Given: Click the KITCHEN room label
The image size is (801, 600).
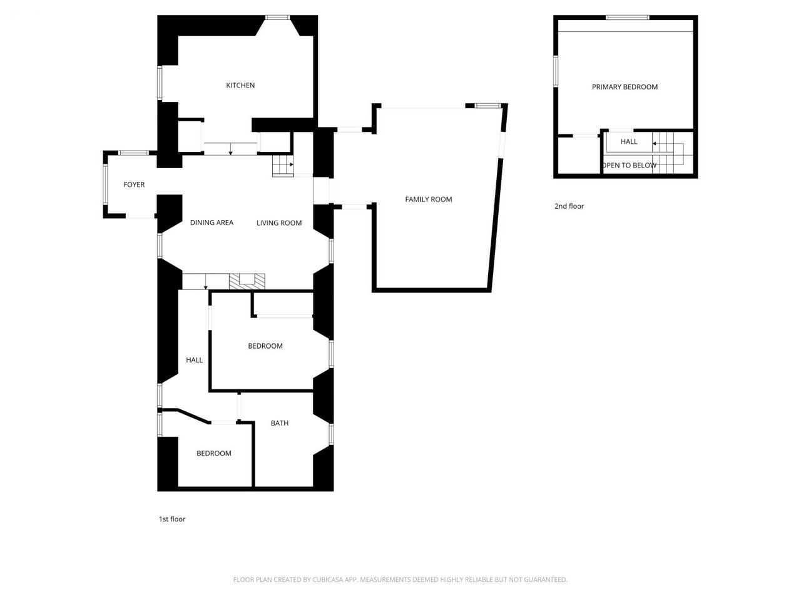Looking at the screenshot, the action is click(240, 85).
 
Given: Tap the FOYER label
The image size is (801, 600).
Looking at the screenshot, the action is click(134, 185).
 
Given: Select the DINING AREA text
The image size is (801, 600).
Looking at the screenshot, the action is click(212, 222).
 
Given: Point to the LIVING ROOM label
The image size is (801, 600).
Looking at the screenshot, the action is click(279, 223).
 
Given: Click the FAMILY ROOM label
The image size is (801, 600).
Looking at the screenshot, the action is click(429, 199).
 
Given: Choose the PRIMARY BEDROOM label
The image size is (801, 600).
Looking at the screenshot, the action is click(625, 87).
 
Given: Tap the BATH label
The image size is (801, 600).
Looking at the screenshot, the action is click(280, 423).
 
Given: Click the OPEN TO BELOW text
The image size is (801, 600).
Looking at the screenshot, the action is click(629, 166).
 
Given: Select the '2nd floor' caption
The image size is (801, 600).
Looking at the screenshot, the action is click(569, 206).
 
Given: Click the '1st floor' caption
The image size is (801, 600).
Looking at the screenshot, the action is click(172, 519).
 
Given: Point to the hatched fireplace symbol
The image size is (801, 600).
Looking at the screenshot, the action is click(247, 282).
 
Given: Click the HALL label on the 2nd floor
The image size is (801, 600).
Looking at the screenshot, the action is click(629, 141).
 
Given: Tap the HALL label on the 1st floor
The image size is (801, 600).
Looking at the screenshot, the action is click(194, 360).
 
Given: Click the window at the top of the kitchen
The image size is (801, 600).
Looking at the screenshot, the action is click(277, 17).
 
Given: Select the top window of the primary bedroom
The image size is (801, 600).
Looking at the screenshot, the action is click(627, 17).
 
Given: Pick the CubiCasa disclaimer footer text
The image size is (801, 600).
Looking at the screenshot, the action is click(400, 579).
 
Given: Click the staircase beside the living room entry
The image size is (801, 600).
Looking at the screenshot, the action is click(283, 166).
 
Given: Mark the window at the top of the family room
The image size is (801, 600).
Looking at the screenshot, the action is click(488, 106).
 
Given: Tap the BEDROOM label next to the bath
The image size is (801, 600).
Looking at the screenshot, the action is click(214, 453).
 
